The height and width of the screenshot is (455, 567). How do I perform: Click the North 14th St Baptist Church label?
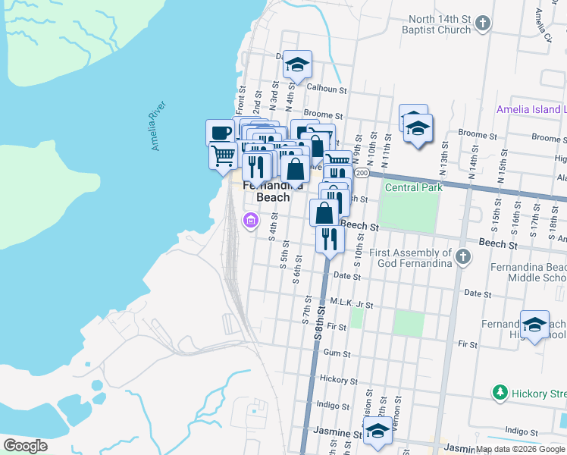pos(440,24)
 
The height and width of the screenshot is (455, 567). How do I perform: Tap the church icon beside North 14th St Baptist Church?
pos(484,24)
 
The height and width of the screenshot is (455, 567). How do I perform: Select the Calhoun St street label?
pos(327,89)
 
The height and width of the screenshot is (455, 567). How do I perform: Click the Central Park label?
pos(412,187)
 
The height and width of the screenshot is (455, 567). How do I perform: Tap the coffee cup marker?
pos(221,132)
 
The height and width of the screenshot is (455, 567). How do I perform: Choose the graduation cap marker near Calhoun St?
pos(299,64)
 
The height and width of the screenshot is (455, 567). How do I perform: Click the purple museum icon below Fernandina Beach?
pos(250,221)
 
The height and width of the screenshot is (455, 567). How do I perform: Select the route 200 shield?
pos(362,174)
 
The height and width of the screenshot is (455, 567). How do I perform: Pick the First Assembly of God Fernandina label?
pos(412,258)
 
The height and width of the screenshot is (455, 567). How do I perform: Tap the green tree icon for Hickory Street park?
pos(500,393)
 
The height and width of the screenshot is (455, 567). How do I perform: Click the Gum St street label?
pos(337,353)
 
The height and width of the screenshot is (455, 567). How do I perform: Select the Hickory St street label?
pos(334,378)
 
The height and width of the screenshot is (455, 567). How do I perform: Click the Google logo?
pos(25,446)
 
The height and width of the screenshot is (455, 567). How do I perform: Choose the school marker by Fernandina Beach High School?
pos(534,325)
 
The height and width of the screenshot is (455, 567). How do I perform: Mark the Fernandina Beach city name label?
pos(272,191)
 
